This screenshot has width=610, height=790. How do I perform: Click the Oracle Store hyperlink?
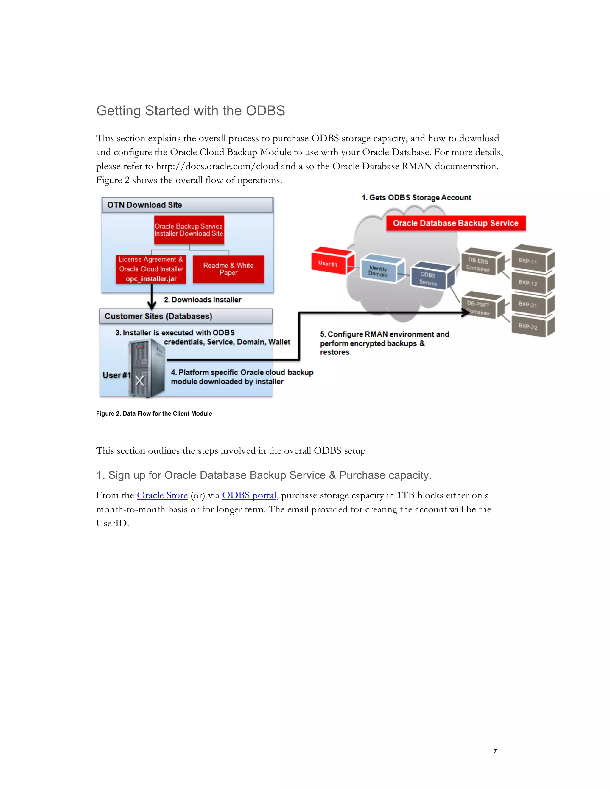click(x=162, y=495)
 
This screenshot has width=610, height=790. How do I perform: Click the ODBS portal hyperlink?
click(x=249, y=495)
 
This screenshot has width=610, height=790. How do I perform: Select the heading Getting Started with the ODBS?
click(x=190, y=111)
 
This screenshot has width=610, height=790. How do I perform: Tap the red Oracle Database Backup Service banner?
click(x=455, y=223)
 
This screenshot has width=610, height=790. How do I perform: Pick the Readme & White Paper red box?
click(x=228, y=269)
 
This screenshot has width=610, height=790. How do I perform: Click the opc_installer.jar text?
click(x=151, y=278)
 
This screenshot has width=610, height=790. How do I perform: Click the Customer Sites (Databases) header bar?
click(x=186, y=316)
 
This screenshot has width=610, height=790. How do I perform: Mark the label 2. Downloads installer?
click(x=202, y=300)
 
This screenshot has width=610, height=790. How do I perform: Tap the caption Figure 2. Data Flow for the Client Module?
click(x=154, y=413)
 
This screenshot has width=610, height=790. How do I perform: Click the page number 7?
click(x=495, y=751)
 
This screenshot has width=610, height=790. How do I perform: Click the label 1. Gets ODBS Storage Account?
click(x=416, y=197)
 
